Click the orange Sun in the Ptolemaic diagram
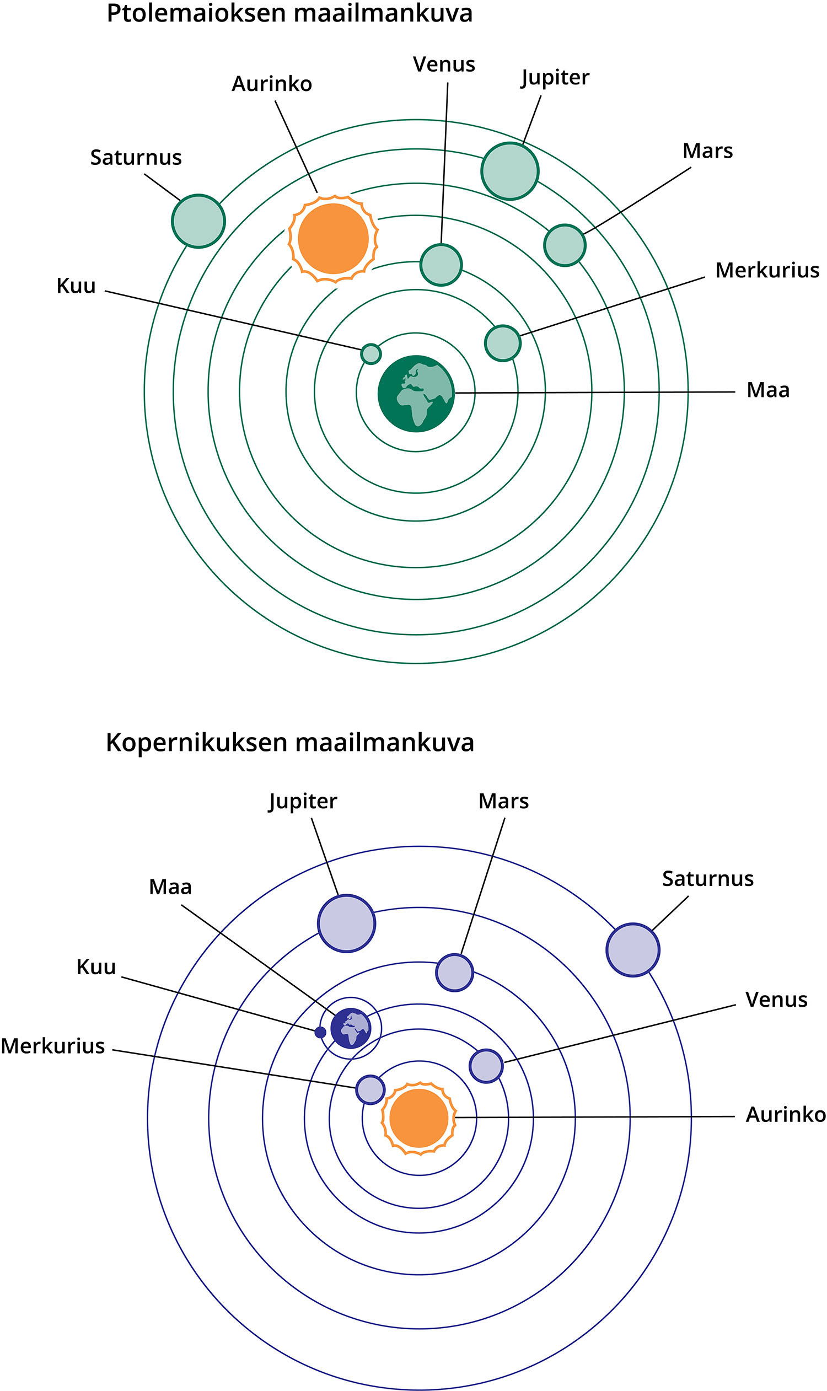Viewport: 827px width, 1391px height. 333,239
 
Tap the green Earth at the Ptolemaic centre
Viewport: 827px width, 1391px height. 416,394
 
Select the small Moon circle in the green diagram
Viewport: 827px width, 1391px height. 371,353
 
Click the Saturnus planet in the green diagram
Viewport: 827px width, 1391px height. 198,221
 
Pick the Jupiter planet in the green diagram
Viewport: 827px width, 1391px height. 510,171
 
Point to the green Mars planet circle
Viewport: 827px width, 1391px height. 565,245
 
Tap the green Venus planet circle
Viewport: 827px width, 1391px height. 441,265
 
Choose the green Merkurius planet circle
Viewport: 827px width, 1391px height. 503,343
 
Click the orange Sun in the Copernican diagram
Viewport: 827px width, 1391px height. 418,1118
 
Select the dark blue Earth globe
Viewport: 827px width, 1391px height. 351,1028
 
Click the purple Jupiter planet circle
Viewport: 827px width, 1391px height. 347,923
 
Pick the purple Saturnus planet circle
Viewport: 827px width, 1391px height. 632,949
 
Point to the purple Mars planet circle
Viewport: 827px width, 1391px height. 454,973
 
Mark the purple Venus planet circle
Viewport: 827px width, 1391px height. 486,1066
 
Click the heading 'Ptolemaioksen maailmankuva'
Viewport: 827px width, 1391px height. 289,13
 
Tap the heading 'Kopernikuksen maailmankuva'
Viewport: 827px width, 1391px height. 290,743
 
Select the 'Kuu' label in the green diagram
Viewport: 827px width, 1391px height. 76,286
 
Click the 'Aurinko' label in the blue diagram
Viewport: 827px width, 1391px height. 785,1115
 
